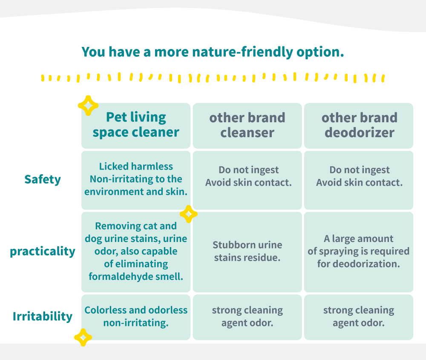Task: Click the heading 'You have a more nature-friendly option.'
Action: (213, 52)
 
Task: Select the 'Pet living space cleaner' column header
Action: (136, 126)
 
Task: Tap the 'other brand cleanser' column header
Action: (247, 126)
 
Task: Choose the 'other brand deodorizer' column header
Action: (359, 126)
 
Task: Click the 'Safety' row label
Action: (43, 180)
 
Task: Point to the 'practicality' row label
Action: (43, 251)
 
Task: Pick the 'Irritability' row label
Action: (43, 316)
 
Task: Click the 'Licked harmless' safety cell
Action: (136, 180)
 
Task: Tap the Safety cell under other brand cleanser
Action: (247, 180)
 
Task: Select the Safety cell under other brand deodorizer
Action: (359, 180)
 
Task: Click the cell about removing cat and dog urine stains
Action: (136, 252)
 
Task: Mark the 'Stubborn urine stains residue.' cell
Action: (247, 252)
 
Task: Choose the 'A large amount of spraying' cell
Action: (359, 252)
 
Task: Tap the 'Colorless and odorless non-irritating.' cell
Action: (136, 317)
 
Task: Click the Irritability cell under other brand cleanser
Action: (247, 317)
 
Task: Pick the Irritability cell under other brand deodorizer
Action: (359, 317)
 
